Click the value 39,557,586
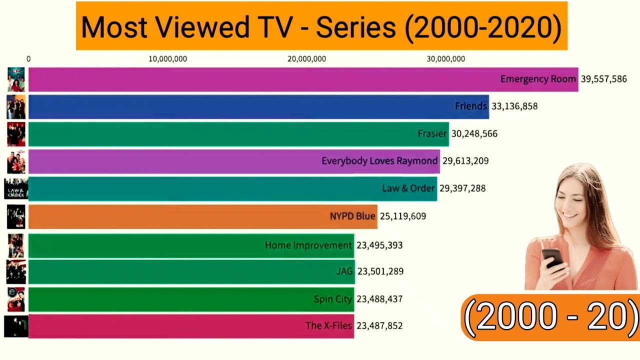click(603, 79)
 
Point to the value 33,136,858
click(514, 106)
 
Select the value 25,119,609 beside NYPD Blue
click(403, 216)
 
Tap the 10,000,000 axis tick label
click(167, 59)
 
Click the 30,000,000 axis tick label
click(445, 59)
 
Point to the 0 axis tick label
click(28, 59)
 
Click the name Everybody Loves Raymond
click(379, 161)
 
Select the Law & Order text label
click(408, 188)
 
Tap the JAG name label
click(344, 271)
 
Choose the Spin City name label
click(332, 299)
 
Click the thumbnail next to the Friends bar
click(16, 106)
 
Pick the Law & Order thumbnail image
click(15, 188)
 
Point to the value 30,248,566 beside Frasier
click(474, 134)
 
